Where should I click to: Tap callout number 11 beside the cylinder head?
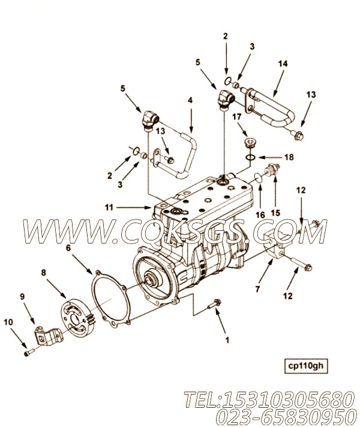coord(109,207)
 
